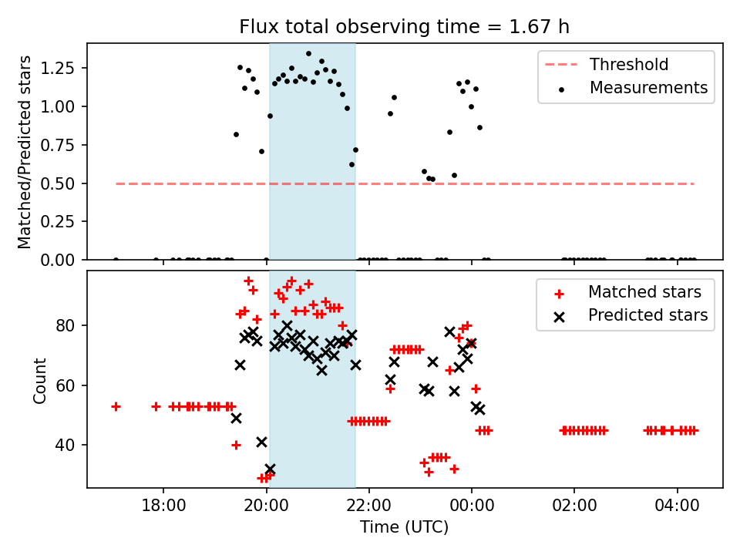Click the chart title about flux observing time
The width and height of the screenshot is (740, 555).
405,27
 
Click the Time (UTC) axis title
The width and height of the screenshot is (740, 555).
404,528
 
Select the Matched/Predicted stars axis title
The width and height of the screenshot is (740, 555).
25,152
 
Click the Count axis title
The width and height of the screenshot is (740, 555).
40,379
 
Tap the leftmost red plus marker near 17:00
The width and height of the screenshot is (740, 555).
116,406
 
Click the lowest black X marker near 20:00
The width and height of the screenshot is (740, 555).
270,469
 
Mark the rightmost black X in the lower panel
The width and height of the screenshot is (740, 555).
479,409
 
